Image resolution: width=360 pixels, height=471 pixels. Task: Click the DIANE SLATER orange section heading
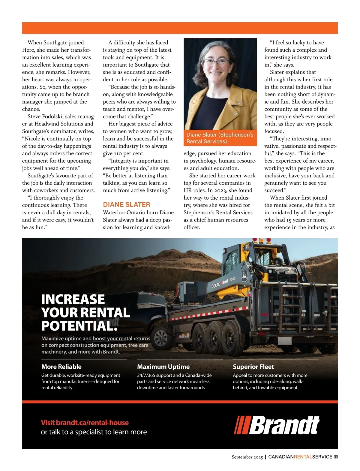126,205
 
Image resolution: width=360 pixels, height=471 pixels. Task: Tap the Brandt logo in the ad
277,425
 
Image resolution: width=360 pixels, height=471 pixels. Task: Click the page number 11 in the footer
336,457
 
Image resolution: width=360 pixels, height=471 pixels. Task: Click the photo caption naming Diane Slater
220,138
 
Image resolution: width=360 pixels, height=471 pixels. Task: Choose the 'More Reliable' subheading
61,367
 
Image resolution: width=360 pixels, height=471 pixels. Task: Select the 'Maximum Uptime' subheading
163,367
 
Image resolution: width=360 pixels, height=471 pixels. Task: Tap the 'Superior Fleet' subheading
253,367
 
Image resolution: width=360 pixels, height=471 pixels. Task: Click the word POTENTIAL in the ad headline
79,326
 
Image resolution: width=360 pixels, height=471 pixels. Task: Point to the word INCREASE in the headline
73,299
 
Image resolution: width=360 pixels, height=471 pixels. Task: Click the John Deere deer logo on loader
244,275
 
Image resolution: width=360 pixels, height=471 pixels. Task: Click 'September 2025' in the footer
247,457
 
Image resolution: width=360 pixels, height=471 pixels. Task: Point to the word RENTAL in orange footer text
303,457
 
